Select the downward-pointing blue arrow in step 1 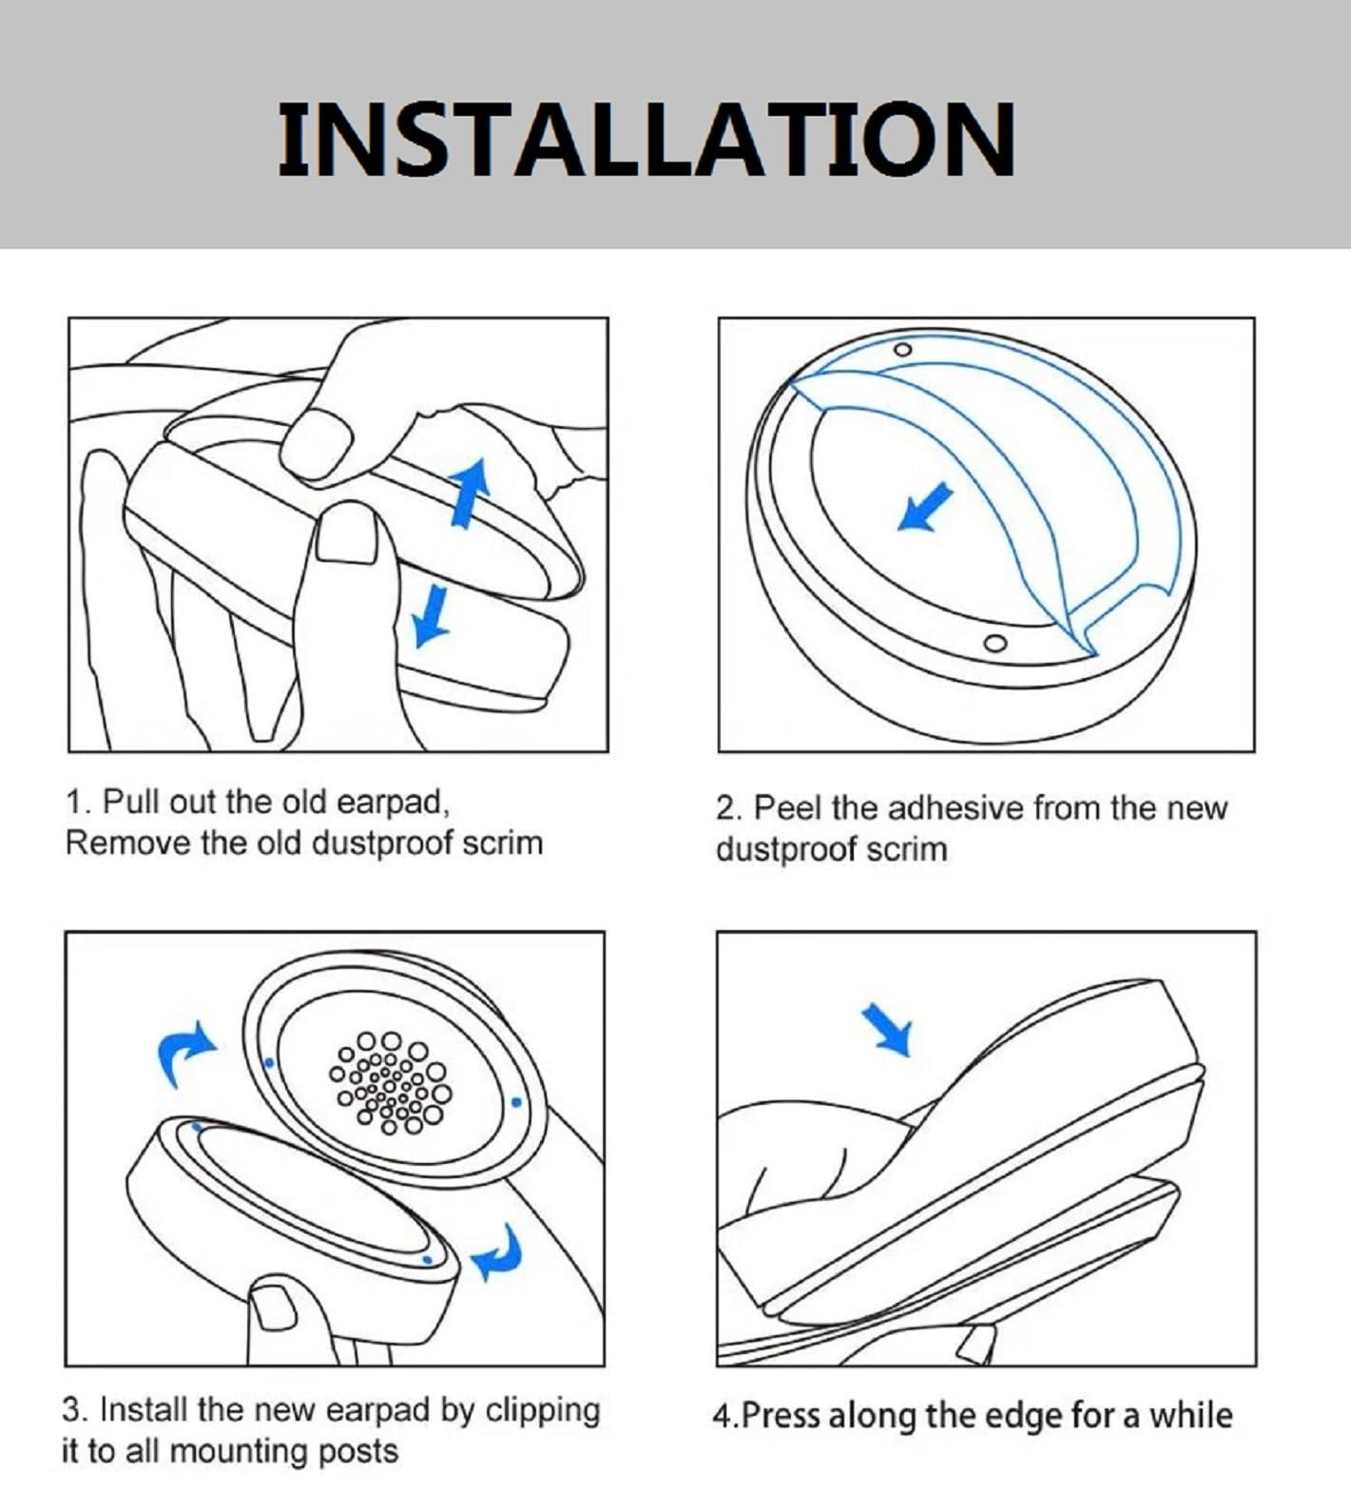pos(432,614)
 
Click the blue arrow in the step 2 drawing pos(925,507)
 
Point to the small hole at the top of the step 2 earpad pos(904,350)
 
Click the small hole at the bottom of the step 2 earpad pos(994,643)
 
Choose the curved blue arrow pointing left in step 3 pos(498,1252)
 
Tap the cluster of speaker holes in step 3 pos(390,1083)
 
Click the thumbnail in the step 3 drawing pos(273,1308)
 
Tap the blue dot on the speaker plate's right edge pos(516,1103)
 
